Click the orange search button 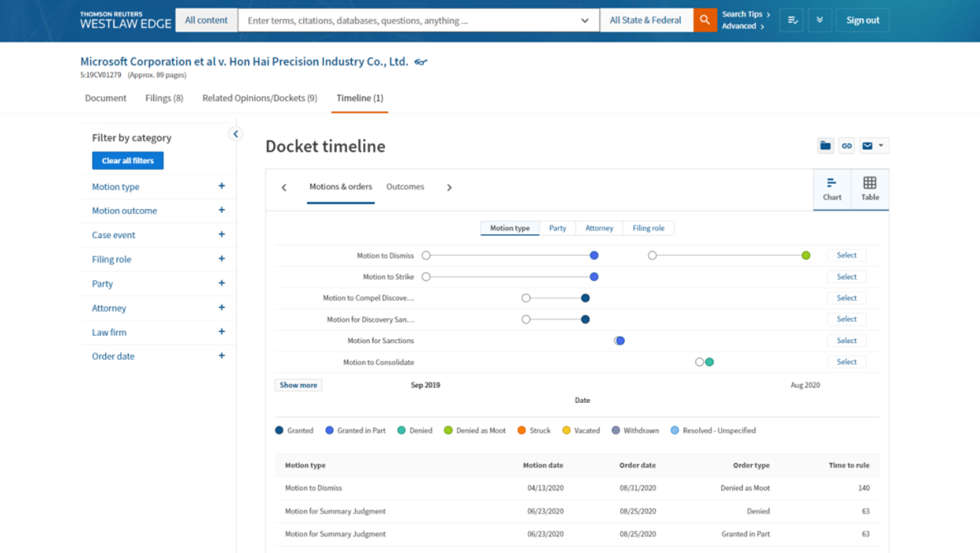[x=705, y=21]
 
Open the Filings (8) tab [x=164, y=98]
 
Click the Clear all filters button [x=128, y=161]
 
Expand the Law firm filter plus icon [x=221, y=332]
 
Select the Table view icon [x=870, y=188]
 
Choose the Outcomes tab [x=405, y=187]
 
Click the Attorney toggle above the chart [x=599, y=228]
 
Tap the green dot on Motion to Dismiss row [x=806, y=255]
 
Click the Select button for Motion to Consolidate [x=847, y=362]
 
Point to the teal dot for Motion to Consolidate [x=710, y=362]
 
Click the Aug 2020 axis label [x=805, y=385]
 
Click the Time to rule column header [x=849, y=465]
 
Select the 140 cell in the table [x=864, y=488]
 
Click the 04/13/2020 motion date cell [x=545, y=488]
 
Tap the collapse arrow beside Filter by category [x=236, y=134]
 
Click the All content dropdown [x=207, y=21]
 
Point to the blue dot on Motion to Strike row [x=594, y=276]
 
